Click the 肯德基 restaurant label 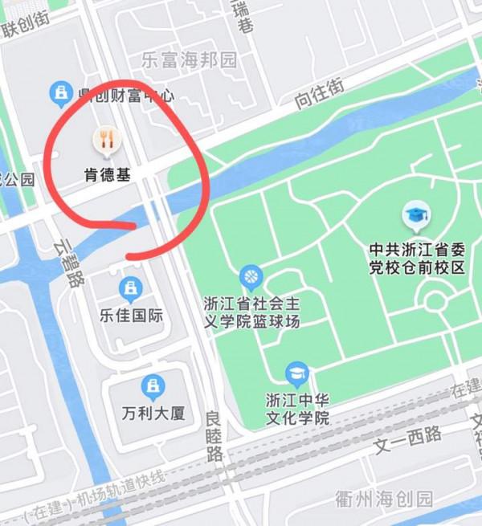[107, 173]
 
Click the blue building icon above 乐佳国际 [130, 287]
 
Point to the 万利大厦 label [153, 414]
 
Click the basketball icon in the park [251, 278]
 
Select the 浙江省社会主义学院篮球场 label [251, 313]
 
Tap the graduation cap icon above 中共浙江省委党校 [416, 215]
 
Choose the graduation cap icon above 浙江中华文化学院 [297, 374]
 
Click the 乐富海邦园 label [190, 60]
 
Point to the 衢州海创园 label [383, 499]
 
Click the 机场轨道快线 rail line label [120, 488]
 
